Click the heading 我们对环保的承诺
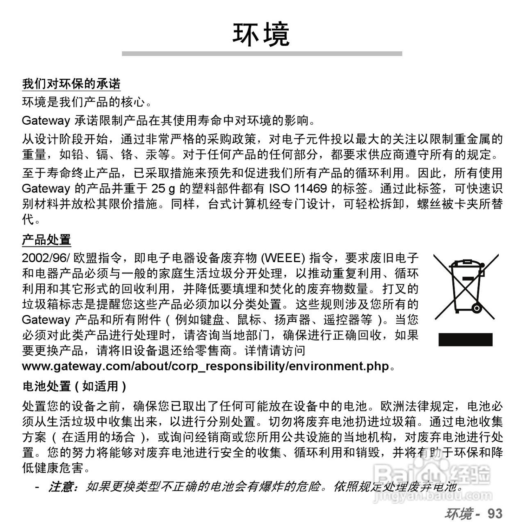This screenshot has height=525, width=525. [71, 84]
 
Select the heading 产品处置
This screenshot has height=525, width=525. [46, 240]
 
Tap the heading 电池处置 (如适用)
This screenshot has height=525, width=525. [74, 386]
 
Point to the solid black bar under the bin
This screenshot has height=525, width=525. [466, 340]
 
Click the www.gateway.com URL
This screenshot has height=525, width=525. [205, 366]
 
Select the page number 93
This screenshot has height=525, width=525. [495, 514]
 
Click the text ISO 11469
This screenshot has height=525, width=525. [298, 189]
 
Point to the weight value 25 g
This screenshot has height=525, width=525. [163, 189]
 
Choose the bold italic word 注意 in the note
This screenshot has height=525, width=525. [61, 487]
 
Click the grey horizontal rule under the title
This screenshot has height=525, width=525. [262, 54]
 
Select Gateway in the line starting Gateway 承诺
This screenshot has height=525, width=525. [46, 121]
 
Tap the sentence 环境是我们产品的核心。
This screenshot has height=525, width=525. [87, 102]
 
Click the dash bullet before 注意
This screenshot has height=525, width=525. [37, 487]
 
